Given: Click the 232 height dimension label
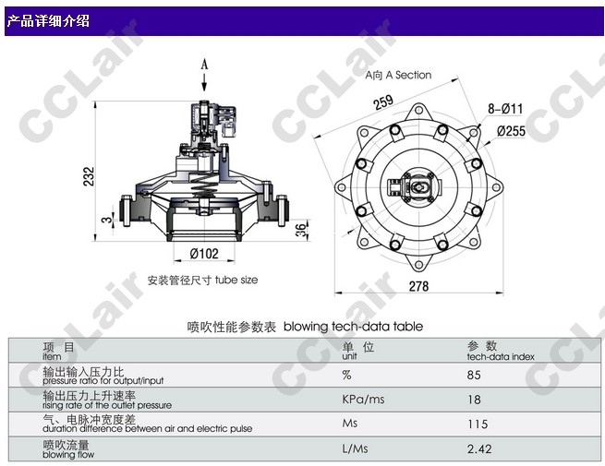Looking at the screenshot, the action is coord(89,176).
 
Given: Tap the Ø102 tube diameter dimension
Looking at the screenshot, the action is coord(204,254).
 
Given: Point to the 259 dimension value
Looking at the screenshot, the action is coord(383,102).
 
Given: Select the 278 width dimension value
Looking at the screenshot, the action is coord(418,286).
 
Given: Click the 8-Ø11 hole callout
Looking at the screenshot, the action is coord(505,109).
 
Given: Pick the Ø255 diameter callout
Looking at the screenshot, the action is coord(511,131).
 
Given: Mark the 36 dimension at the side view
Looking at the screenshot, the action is coord(301,230).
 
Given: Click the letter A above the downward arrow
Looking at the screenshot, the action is coord(204,64).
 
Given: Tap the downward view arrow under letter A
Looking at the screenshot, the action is coord(204,82).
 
